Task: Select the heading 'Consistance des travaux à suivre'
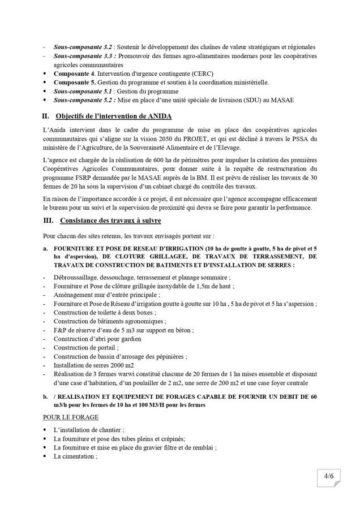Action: point(108,220)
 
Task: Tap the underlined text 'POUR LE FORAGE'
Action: point(71,417)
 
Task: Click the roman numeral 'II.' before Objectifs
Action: point(46,117)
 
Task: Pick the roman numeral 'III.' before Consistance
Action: point(48,220)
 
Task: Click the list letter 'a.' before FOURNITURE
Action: point(45,248)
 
